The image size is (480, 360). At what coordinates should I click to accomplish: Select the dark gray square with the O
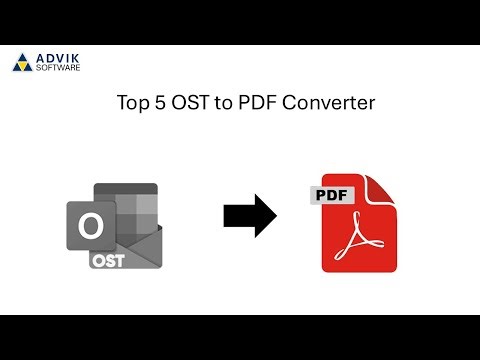click(x=89, y=228)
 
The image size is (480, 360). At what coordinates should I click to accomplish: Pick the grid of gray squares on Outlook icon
click(x=134, y=205)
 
